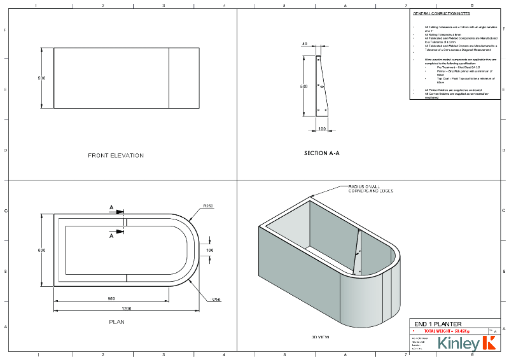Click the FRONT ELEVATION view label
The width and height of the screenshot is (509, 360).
pos(115,155)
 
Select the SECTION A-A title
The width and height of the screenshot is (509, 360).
pos(322,153)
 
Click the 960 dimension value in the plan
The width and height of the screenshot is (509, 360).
pos(111,298)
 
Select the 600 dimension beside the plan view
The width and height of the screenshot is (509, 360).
pos(42,251)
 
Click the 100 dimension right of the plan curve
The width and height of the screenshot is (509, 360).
pos(211,250)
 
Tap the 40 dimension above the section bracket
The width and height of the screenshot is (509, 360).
pos(305,45)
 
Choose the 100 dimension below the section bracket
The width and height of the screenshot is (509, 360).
pos(322,128)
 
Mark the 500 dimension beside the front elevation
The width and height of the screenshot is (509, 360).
pos(42,78)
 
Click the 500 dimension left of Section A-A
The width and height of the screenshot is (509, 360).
pos(304,86)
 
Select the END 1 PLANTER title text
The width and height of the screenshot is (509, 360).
pos(438,324)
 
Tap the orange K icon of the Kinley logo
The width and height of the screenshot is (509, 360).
pos(489,343)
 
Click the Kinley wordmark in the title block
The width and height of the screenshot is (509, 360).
pos(458,344)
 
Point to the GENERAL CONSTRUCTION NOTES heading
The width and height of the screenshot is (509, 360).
pos(440,13)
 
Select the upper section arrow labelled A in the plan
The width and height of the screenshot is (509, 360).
pos(112,207)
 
